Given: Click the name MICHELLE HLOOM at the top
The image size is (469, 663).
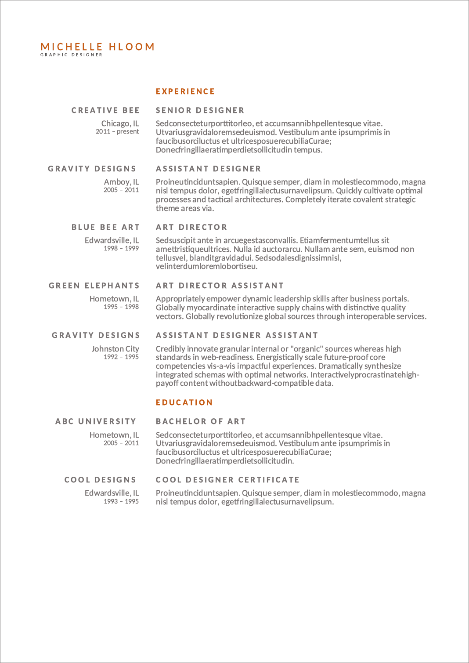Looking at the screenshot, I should point(97,47).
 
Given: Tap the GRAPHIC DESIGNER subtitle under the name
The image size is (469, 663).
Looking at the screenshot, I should point(71,55).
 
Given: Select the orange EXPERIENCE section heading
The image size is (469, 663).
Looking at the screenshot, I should point(185,91).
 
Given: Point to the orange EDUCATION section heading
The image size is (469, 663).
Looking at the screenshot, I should point(184,402).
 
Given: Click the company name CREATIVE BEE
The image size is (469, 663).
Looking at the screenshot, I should point(105,110).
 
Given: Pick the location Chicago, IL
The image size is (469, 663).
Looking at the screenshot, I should point(120,123).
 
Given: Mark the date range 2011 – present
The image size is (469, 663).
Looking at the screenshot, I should point(117,131).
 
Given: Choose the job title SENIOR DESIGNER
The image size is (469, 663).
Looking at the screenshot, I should point(200,110).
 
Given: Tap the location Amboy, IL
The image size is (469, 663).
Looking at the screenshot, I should point(121,182).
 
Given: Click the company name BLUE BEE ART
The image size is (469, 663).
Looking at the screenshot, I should point(105,227).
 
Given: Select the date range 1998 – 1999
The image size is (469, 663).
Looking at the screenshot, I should point(121,248).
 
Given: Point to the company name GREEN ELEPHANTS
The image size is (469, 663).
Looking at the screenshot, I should point(94,286).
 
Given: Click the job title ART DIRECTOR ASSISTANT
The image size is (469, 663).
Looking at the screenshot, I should point(220,286).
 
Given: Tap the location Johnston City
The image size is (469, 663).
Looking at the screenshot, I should point(115,349).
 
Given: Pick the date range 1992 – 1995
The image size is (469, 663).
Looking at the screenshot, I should point(121,357).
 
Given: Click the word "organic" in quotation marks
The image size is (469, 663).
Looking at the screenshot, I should point(307,349).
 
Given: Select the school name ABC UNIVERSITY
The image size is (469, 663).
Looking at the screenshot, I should point(96,421).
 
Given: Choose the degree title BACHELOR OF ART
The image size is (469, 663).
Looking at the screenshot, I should point(201,421).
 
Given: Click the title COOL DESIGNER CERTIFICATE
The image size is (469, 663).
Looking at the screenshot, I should point(228,480).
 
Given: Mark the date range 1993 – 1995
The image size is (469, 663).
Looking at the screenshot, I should point(121,501).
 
